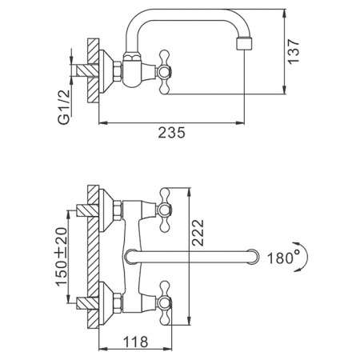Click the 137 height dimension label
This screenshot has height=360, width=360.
[x=294, y=51]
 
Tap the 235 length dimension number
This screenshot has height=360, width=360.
[x=171, y=133]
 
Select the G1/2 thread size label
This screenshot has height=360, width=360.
[x=64, y=107]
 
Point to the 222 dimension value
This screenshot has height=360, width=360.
[x=198, y=233]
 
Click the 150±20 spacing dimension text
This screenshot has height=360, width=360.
[x=62, y=257]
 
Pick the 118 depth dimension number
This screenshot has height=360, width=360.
[x=135, y=342]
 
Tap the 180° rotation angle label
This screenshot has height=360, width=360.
[x=280, y=258]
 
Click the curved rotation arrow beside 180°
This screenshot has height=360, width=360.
[x=302, y=257]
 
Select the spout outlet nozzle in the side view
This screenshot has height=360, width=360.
[x=244, y=44]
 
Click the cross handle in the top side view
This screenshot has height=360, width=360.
[x=164, y=72]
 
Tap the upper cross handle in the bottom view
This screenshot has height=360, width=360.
[x=164, y=210]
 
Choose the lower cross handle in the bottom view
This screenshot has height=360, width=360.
[x=164, y=303]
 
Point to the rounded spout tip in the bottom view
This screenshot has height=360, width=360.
[x=253, y=257]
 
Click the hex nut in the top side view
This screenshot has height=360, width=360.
[x=118, y=70]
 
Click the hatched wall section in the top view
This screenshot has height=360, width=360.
[x=94, y=70]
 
